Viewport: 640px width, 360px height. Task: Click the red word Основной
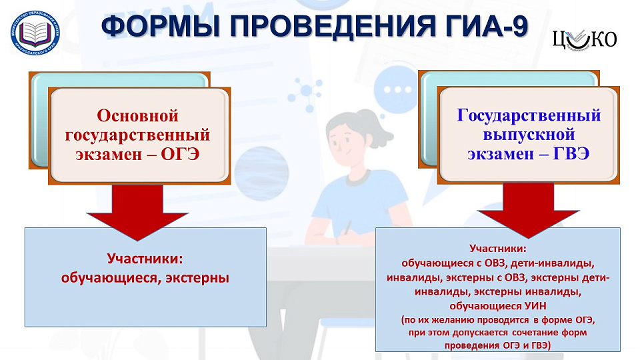138,115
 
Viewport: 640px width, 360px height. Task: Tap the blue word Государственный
529,115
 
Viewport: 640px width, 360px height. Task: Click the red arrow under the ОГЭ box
137,210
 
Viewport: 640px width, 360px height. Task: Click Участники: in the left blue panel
145,258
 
